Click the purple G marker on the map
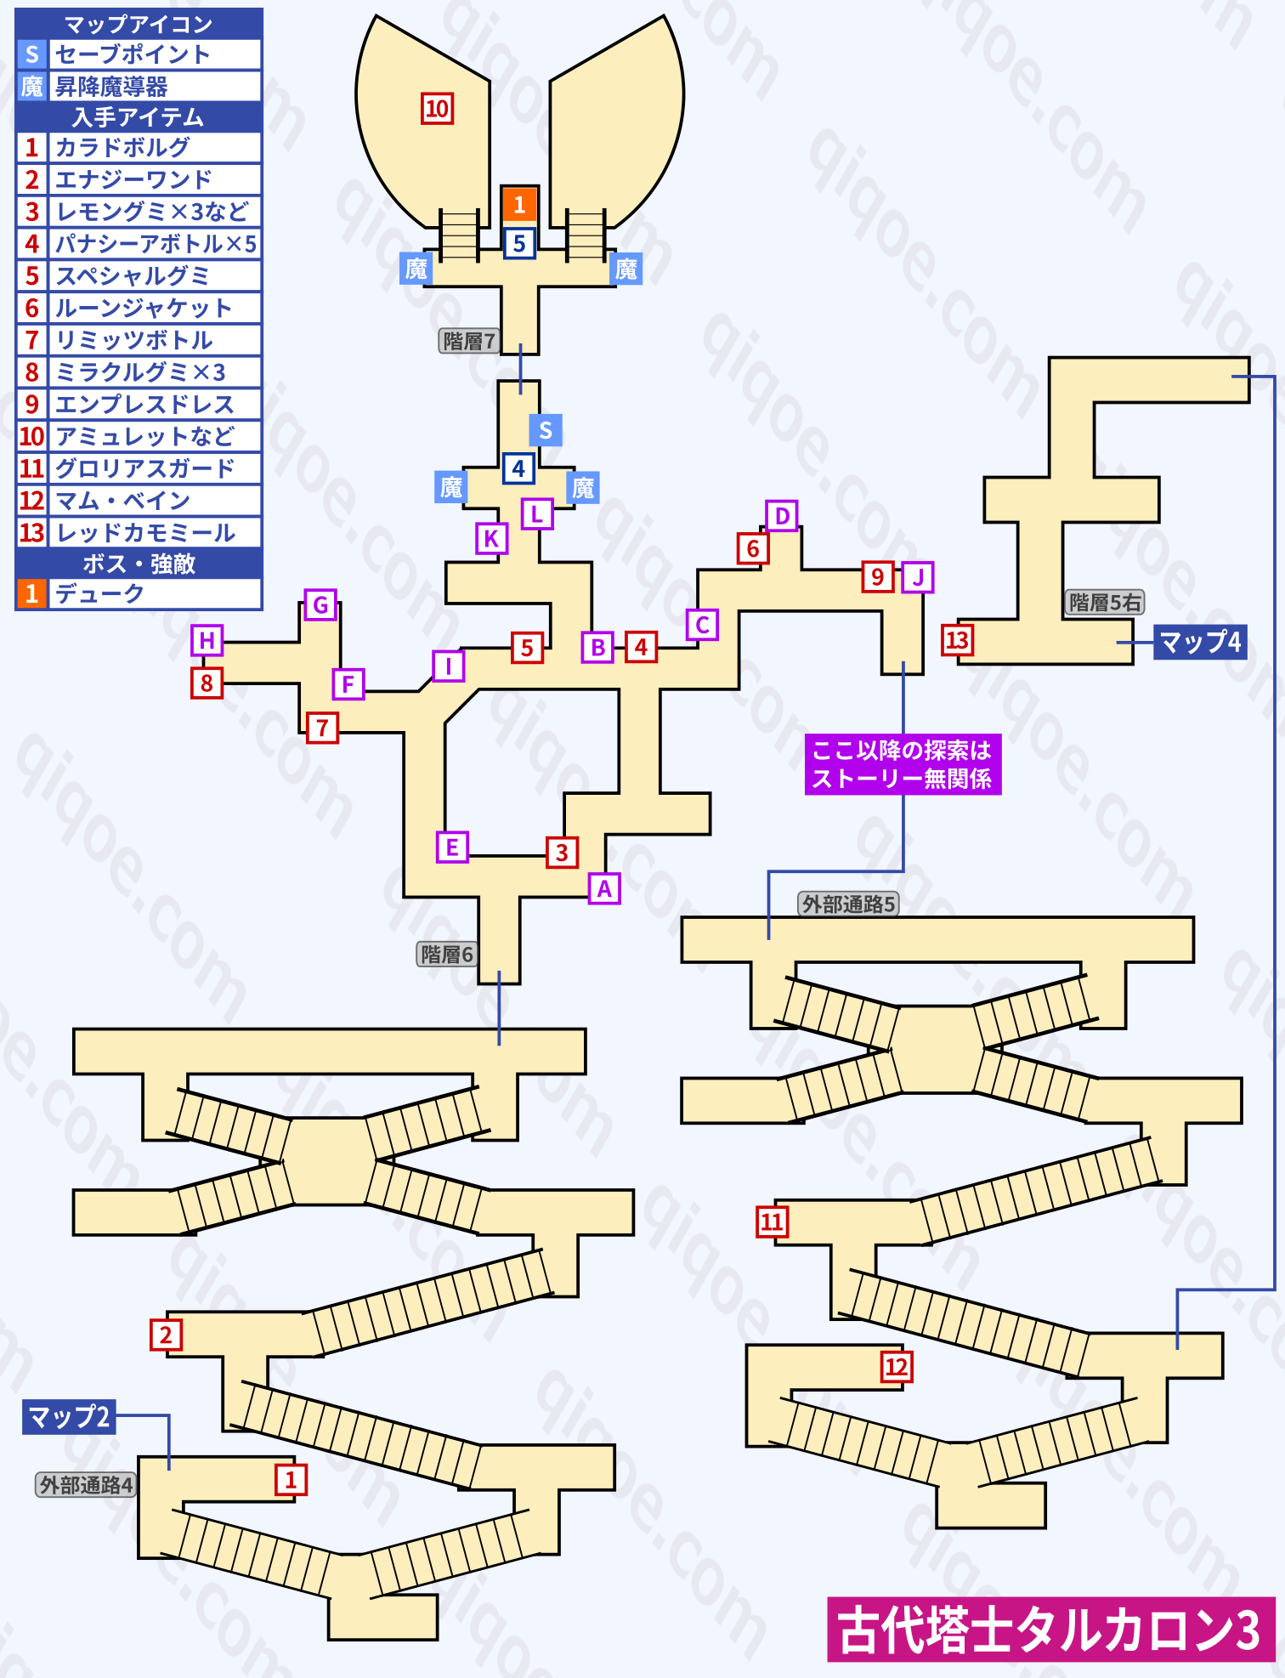click(x=320, y=605)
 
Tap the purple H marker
click(x=207, y=640)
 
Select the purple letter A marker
click(x=604, y=888)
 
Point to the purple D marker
click(x=782, y=516)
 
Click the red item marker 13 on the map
click(x=958, y=639)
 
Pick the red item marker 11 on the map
click(x=772, y=1222)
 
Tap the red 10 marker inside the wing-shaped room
click(x=437, y=109)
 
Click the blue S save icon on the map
click(x=546, y=430)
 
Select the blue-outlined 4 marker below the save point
click(x=518, y=468)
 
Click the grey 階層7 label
click(x=468, y=341)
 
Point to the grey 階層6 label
click(x=447, y=955)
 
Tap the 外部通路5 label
click(x=848, y=904)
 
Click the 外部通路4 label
click(x=86, y=1485)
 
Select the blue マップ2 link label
click(x=69, y=1417)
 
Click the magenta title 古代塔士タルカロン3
click(x=1050, y=1630)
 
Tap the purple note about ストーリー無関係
click(x=903, y=764)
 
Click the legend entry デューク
click(x=99, y=593)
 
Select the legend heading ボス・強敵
click(x=139, y=564)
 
